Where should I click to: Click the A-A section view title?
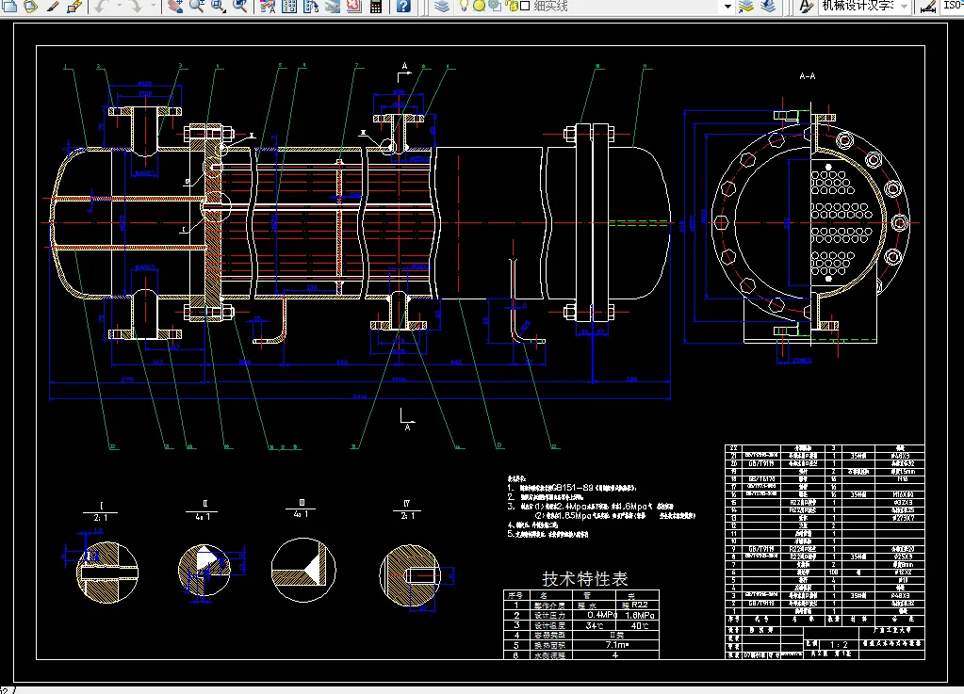[807, 75]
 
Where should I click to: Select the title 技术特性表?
[585, 578]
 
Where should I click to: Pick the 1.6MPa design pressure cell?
[640, 614]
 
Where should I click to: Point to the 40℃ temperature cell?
[640, 624]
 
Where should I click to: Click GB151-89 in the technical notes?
[573, 486]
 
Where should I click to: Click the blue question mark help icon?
[403, 7]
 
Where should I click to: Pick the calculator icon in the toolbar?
[375, 7]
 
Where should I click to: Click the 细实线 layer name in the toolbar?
[551, 7]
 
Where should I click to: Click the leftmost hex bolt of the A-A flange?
[722, 227]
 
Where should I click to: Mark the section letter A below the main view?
[407, 427]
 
